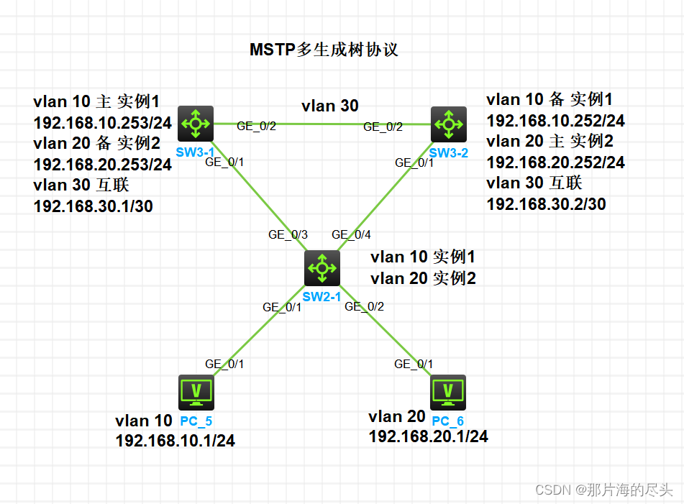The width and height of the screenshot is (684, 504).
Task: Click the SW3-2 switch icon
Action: (449, 124)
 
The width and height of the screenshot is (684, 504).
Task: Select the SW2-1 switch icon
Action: (322, 269)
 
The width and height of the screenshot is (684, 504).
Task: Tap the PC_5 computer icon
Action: (196, 393)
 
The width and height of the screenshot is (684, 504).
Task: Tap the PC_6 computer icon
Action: (449, 392)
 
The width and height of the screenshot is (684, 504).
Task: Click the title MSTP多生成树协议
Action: (324, 50)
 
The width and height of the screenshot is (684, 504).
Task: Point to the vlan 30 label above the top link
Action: (329, 106)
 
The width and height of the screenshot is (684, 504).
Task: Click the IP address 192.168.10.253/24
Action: (103, 122)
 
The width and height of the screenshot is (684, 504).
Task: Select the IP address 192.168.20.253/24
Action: (103, 165)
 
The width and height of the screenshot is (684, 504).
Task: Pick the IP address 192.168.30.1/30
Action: (93, 206)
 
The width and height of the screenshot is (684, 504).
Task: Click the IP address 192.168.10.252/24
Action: (555, 120)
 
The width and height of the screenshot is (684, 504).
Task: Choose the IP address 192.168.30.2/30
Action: (546, 204)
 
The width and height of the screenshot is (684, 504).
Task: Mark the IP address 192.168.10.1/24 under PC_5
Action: (175, 441)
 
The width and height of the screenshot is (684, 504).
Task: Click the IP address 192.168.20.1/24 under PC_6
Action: (428, 436)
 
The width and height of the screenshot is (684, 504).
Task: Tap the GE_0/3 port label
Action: (288, 234)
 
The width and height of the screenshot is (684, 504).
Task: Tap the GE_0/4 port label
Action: (351, 234)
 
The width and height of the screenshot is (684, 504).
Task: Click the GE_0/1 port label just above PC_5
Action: (224, 364)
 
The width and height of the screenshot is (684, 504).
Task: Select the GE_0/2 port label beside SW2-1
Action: (364, 306)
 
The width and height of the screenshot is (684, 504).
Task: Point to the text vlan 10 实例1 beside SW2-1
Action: (423, 257)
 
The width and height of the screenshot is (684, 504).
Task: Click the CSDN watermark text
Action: (604, 490)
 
